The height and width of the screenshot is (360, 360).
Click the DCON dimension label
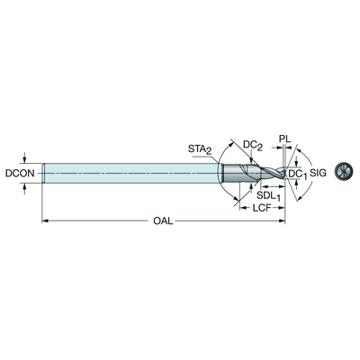20,173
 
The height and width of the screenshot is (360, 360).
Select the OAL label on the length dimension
163,221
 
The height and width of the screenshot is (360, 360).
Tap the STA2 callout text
200,149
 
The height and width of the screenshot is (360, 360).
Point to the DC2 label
253,145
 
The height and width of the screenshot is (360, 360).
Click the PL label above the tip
284,139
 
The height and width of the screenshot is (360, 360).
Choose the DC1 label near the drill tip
298,174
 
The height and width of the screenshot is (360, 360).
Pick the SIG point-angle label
318,173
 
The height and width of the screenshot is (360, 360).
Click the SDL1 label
268,196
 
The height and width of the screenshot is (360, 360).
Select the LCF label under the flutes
262,208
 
